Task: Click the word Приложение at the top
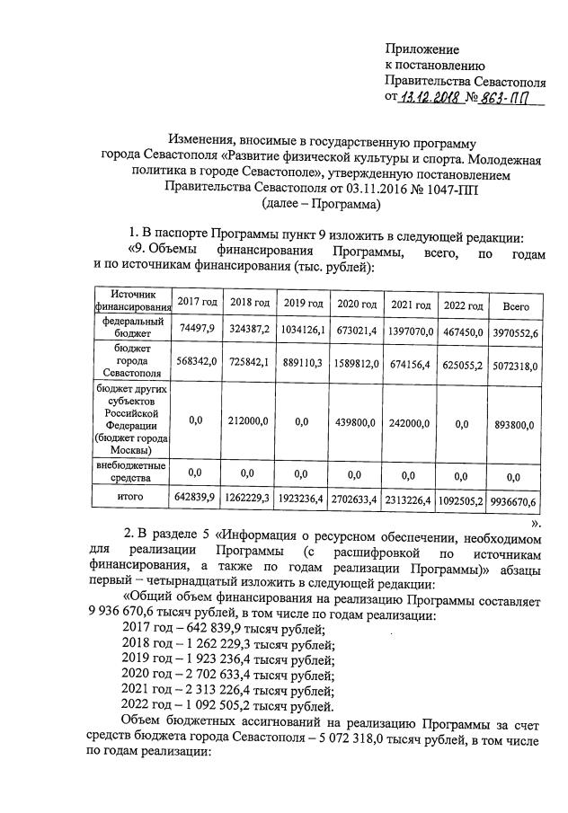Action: click(x=422, y=49)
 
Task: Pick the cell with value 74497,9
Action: click(x=197, y=328)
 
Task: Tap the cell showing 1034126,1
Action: click(x=303, y=329)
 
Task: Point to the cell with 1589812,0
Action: click(x=356, y=365)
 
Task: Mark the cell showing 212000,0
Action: click(x=250, y=420)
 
